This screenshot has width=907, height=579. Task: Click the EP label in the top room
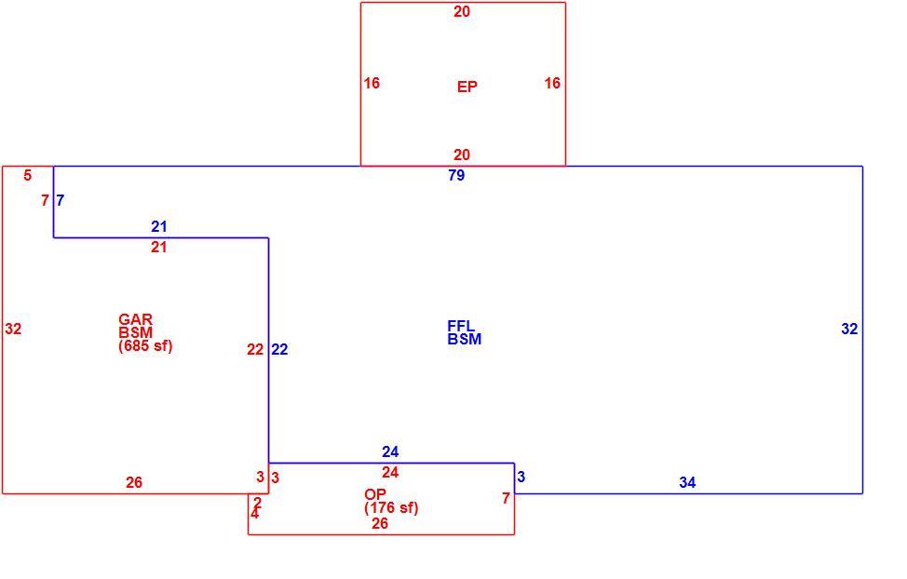(467, 87)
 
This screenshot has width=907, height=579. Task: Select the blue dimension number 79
(456, 175)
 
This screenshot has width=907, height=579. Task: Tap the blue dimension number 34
(687, 482)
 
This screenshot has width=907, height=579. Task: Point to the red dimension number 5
(28, 175)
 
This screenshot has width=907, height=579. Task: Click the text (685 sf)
(145, 346)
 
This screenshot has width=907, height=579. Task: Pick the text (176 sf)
(391, 508)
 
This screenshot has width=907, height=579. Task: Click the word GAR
(135, 319)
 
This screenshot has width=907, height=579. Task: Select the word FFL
(461, 326)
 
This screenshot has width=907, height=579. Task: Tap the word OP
(375, 494)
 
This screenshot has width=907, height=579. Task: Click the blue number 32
(849, 330)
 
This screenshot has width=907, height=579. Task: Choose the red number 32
(13, 330)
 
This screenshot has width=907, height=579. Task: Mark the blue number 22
(279, 349)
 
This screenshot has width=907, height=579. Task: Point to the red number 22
(255, 349)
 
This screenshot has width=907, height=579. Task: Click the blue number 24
(390, 451)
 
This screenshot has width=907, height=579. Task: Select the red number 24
(390, 473)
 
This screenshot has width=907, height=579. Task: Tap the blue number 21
(159, 227)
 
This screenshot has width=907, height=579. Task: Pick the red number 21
(159, 248)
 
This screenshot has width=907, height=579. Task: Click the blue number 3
(521, 478)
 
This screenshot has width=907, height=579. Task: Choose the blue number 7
(61, 201)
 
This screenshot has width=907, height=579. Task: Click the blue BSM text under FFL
(465, 340)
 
